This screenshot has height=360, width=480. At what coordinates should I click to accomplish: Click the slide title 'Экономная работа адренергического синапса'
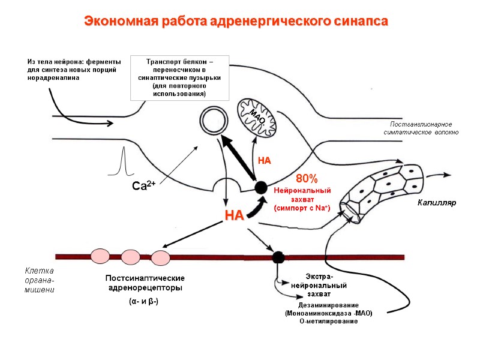pos(236,22)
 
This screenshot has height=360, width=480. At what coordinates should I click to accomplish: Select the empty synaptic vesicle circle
pos(214,121)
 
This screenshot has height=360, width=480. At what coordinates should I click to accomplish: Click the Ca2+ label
pos(144,187)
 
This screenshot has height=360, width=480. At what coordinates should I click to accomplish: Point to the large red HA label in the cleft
pos(234,215)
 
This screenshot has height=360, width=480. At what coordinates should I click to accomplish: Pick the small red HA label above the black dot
pos(265,161)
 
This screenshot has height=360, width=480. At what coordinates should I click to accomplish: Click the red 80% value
pos(307,179)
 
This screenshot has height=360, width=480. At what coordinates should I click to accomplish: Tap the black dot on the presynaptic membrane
pos(261,187)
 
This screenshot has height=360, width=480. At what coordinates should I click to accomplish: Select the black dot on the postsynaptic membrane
pos(278,257)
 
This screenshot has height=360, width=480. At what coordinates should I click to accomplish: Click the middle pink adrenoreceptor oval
pos(131,257)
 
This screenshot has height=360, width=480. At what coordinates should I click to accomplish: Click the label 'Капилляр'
pos(437,203)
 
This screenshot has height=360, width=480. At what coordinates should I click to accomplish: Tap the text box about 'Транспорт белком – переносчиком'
pos(179,77)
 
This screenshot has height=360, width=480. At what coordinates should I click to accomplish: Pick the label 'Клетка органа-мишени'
pos(40,281)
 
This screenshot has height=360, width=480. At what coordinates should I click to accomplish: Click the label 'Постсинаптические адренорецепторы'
pos(145,283)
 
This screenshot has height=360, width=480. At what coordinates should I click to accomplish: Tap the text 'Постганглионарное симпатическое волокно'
pos(421,128)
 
